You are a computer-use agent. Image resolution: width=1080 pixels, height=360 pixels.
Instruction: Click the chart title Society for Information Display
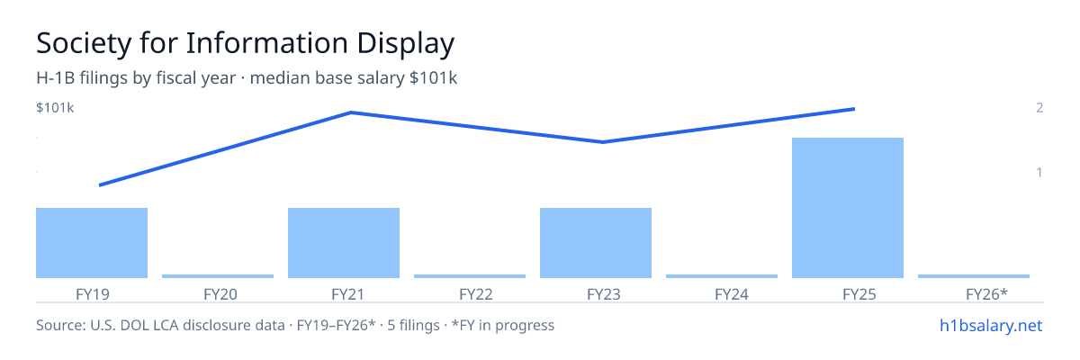pos(246,43)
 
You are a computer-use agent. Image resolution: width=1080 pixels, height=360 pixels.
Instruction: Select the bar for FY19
pos(92,243)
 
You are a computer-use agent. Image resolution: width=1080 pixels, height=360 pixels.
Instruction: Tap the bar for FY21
pos(344,243)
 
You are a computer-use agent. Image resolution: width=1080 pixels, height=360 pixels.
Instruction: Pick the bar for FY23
pos(596,243)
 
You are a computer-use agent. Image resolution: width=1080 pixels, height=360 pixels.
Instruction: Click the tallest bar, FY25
pos(848,208)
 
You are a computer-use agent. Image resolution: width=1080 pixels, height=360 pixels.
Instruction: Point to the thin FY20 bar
pos(218,276)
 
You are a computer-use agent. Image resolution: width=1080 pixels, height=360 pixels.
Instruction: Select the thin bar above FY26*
pos(974,276)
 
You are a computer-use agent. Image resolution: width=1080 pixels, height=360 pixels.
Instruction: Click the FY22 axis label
pos(476,294)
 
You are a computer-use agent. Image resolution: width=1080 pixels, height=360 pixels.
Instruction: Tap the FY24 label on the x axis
pos(732,294)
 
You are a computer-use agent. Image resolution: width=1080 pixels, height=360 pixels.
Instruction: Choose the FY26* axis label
pos(987,294)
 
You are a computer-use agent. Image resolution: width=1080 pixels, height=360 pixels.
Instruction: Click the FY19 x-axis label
pos(93,294)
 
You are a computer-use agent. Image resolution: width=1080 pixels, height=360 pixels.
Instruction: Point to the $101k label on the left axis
pos(55,107)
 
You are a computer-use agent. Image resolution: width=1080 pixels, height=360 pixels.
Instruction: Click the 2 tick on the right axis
pos(1039,107)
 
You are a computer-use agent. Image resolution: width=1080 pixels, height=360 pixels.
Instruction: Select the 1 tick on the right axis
pos(1039,172)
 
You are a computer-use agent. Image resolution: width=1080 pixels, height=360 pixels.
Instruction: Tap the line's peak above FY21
pos(350,112)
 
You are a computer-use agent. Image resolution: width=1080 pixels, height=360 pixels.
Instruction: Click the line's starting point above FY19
pos(100,185)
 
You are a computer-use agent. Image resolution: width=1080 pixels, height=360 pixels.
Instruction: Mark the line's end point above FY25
pos(854,109)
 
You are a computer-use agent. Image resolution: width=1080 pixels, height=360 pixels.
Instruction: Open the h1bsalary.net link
pos(991,325)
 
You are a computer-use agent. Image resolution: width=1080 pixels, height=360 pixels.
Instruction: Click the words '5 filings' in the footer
pos(413,325)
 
